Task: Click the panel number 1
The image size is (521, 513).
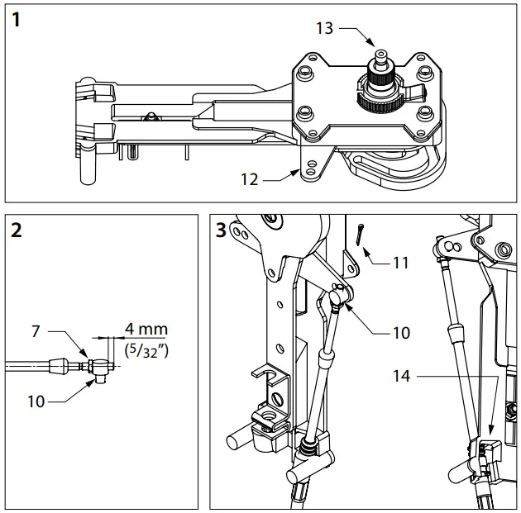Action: point(18,20)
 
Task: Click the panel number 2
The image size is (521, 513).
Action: point(18,231)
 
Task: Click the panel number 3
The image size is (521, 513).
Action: point(220,231)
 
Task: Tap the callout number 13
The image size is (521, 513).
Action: point(324,28)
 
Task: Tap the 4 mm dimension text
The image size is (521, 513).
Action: point(145,329)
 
